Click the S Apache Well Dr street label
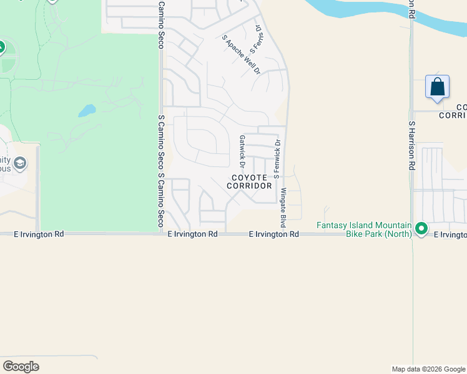click(240, 54)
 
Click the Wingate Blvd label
click(283, 207)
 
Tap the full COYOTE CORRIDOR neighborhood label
click(249, 182)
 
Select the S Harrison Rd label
click(411, 146)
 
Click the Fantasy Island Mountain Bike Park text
click(364, 229)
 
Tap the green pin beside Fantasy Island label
click(421, 229)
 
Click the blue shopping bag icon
click(437, 86)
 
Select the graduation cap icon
click(20, 164)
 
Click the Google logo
click(21, 367)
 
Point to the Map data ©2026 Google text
click(428, 369)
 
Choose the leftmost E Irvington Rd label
click(39, 234)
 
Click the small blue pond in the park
click(87, 111)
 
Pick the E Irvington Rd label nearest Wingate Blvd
click(273, 234)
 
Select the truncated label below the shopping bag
click(453, 112)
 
